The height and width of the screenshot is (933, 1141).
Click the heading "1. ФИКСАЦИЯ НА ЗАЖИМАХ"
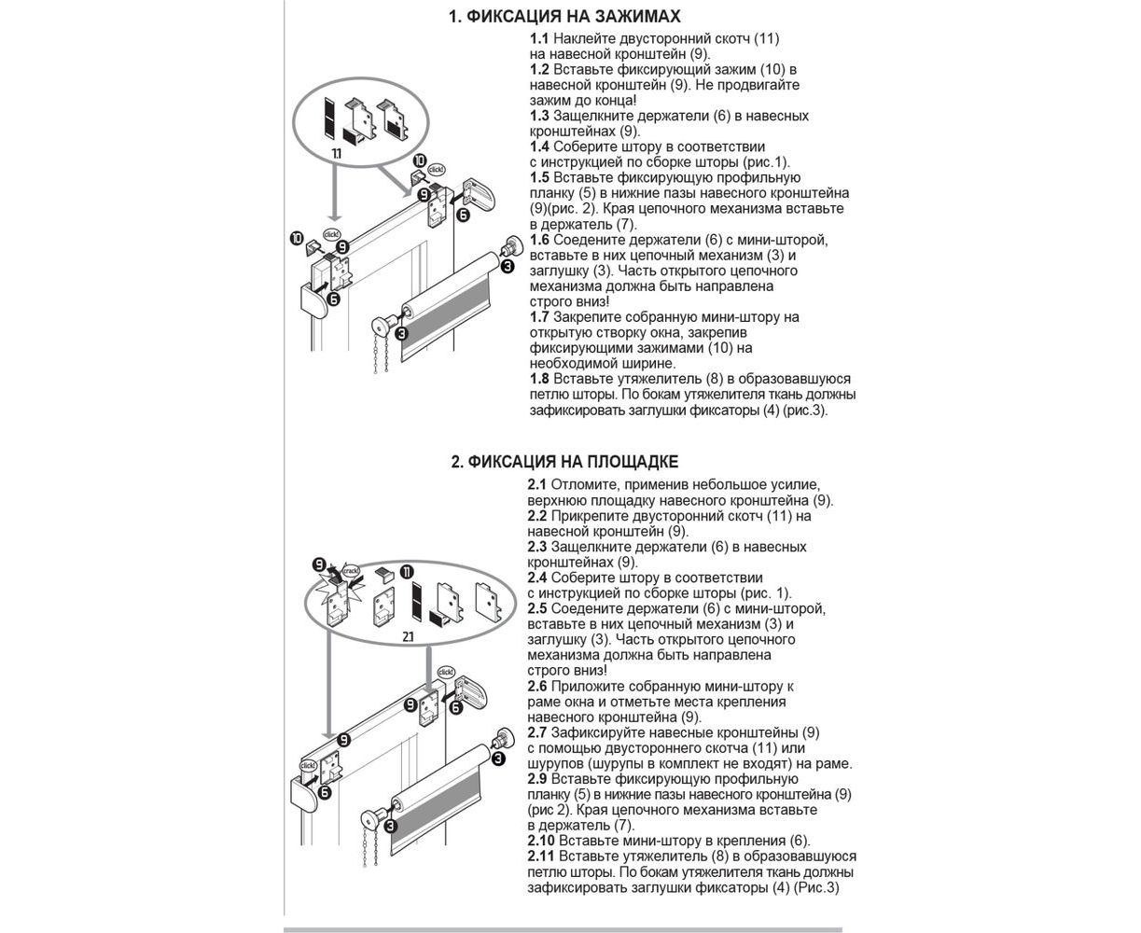(x=564, y=17)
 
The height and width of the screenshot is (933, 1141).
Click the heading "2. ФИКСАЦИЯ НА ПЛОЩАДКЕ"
(x=564, y=463)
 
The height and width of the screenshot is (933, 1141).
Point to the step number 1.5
(x=539, y=178)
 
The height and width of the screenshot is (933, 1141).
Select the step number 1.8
(x=539, y=380)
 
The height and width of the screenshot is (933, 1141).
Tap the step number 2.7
(x=537, y=733)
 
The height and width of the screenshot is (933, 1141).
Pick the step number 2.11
(x=541, y=856)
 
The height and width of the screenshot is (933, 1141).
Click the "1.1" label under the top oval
(x=337, y=152)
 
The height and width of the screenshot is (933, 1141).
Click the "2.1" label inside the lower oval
(x=408, y=636)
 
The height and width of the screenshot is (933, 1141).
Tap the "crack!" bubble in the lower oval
(x=352, y=570)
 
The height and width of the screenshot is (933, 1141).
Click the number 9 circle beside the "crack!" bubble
(x=320, y=565)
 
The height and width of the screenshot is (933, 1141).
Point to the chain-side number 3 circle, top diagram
(x=400, y=333)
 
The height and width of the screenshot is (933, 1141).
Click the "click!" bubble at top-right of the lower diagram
(x=446, y=673)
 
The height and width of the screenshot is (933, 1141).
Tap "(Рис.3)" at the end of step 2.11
(x=817, y=888)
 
